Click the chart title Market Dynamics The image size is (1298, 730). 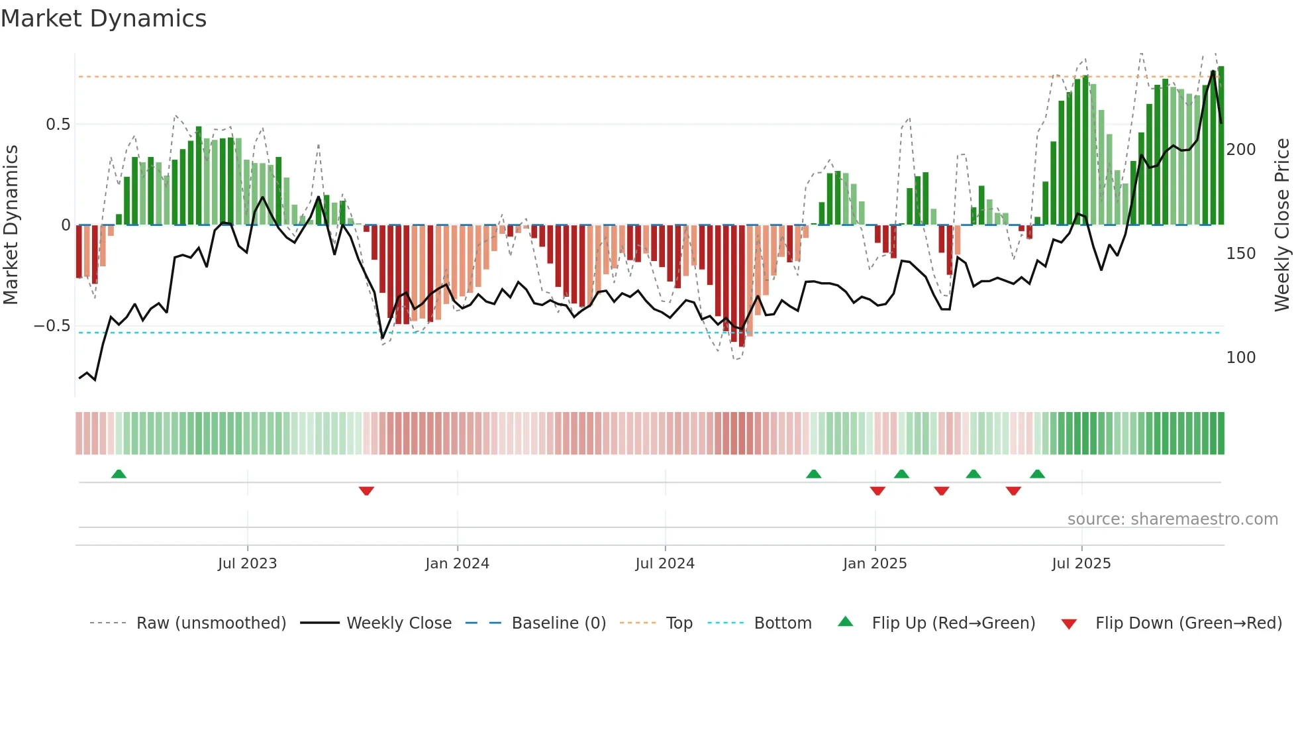(x=103, y=19)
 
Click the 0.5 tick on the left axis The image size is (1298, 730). (x=58, y=125)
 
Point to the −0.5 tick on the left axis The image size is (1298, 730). (x=52, y=326)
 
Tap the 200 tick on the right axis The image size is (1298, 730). (x=1240, y=150)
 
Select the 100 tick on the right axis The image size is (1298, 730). (x=1240, y=358)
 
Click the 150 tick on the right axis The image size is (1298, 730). (x=1240, y=254)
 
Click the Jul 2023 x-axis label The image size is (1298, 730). (x=247, y=564)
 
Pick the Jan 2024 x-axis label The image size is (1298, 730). (x=457, y=564)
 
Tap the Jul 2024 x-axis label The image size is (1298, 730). (x=665, y=564)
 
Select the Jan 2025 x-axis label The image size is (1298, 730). (x=875, y=564)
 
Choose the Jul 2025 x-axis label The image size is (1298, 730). (x=1081, y=564)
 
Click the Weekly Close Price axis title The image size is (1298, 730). (x=1282, y=225)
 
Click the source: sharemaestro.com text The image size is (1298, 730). (x=1172, y=519)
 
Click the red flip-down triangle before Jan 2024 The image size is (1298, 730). (x=366, y=491)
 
